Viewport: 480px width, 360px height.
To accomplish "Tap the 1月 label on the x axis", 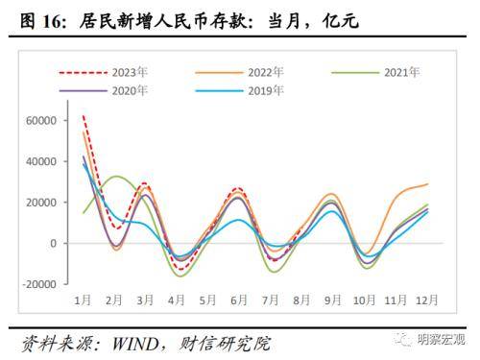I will (x=84, y=301).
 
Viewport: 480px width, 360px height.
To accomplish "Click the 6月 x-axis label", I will (x=239, y=301).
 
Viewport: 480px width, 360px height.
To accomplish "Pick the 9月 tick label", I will (x=331, y=301).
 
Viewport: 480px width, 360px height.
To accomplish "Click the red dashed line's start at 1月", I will (x=84, y=116).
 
